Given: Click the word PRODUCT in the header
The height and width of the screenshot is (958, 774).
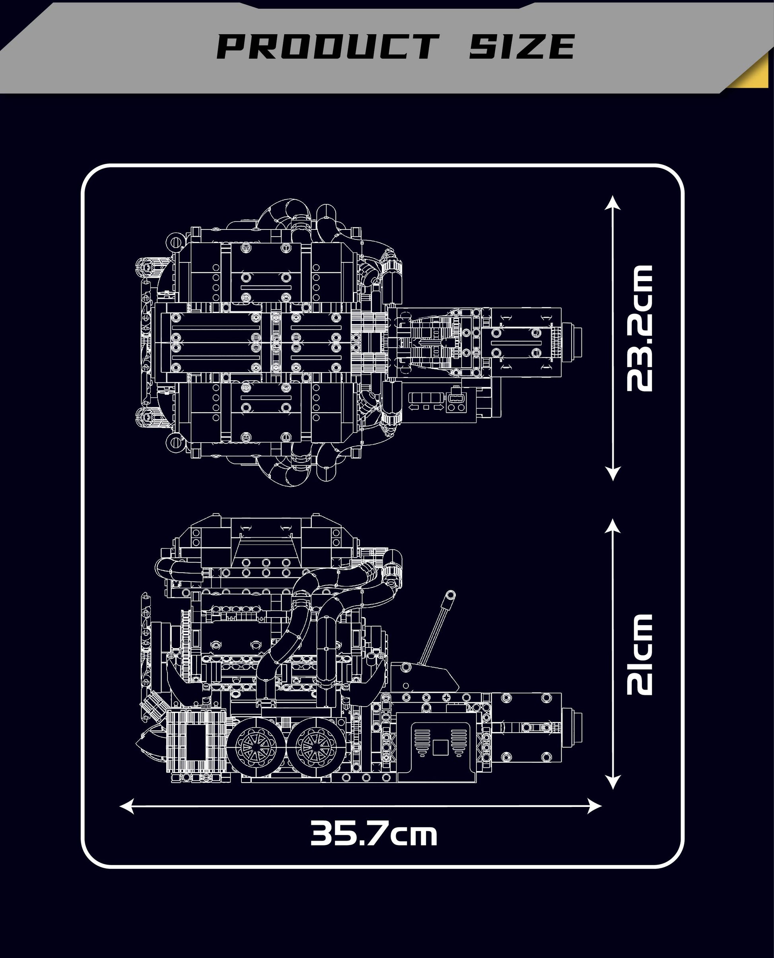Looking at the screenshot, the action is (328, 47).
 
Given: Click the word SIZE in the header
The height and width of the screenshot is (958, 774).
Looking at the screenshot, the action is (522, 47).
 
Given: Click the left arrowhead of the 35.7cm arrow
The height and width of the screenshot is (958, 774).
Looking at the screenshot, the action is (127, 806).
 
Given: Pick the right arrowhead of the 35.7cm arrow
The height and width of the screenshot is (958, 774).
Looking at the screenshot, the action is (595, 806).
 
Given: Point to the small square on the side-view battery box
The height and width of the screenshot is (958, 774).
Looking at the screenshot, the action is (441, 747).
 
